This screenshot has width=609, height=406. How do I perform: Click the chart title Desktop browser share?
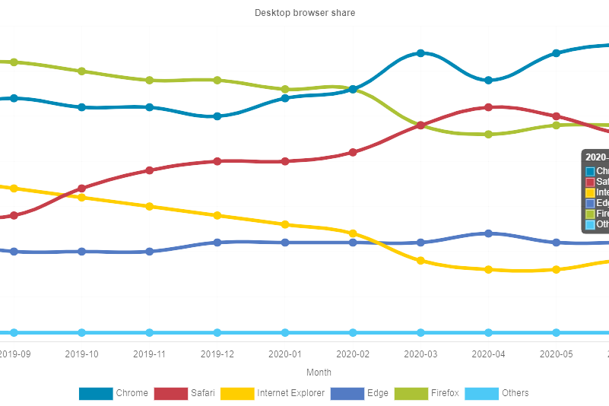304,13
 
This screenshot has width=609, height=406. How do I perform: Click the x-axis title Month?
319,373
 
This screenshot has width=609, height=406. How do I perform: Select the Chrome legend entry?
113,393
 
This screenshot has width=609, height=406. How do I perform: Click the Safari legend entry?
184,393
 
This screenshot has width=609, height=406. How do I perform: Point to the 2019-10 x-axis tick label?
82,354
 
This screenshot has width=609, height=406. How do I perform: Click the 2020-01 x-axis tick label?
285,354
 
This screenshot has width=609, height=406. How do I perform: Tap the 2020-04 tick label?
488,354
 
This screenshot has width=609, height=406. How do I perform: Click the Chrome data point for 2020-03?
420,53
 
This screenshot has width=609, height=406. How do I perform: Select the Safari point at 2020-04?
488,107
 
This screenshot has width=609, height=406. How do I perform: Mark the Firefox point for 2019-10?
82,71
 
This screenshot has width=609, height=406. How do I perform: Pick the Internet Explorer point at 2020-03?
420,261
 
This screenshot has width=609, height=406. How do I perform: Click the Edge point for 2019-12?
217,243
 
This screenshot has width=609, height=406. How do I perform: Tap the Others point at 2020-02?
353,332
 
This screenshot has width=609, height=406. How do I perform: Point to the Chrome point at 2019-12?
217,116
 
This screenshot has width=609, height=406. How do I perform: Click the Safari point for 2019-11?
150,170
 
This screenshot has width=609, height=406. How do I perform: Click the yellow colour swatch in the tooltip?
590,193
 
